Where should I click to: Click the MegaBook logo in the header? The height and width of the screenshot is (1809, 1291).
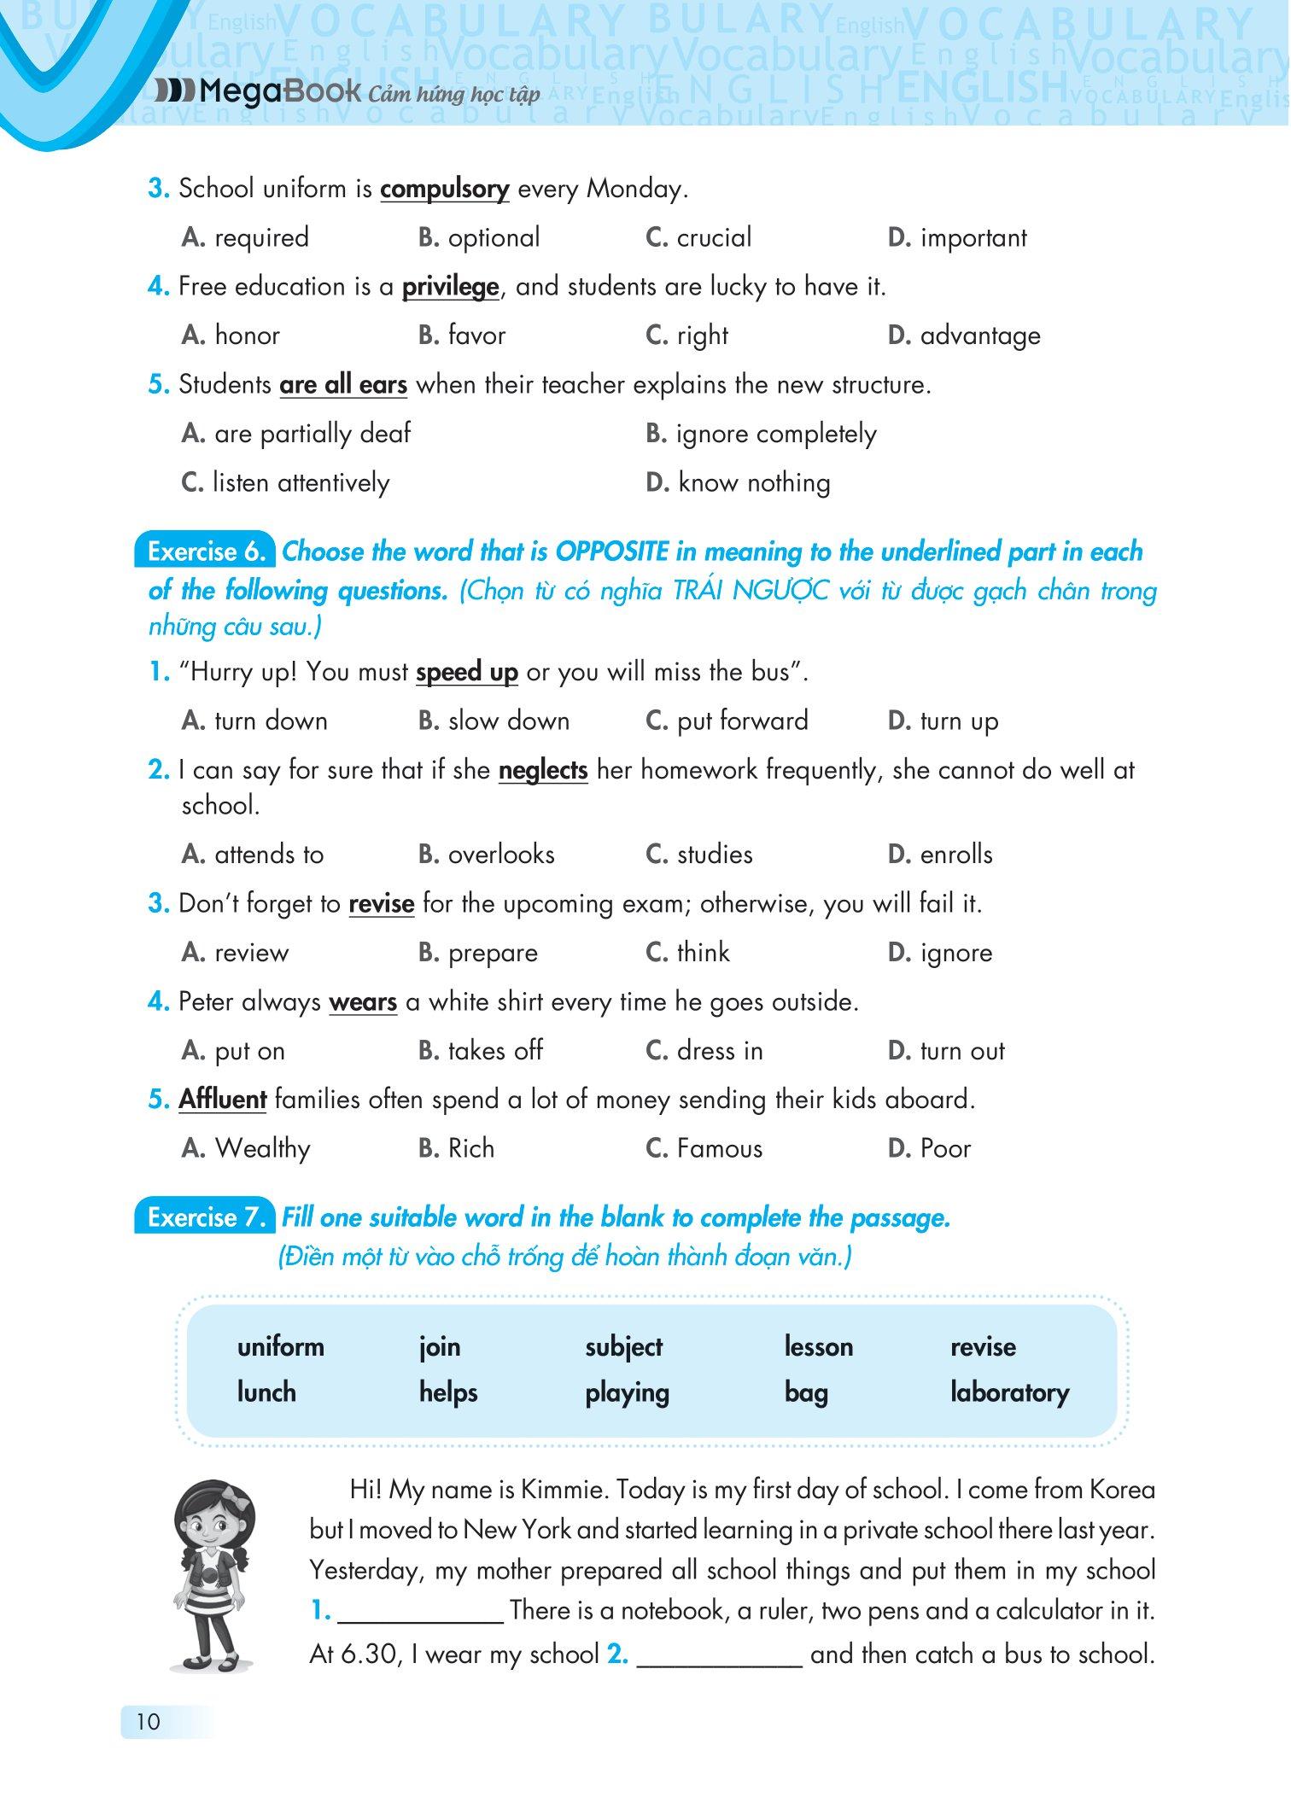point(256,91)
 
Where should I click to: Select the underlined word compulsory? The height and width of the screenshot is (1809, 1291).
point(444,189)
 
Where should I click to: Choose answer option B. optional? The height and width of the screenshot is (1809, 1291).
point(479,237)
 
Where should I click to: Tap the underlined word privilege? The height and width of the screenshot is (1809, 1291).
point(450,287)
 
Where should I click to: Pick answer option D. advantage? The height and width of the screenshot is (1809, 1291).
point(964,336)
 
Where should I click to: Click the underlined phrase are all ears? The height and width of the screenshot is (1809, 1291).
point(342,385)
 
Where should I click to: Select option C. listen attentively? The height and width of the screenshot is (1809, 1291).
point(285,483)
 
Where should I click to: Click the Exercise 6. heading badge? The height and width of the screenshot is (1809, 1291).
point(205,551)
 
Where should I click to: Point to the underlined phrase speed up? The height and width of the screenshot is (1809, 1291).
point(466,673)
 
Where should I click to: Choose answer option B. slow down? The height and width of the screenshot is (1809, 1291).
point(494,721)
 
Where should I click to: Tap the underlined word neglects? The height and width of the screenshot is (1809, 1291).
point(543,770)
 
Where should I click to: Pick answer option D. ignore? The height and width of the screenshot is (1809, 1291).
point(940,953)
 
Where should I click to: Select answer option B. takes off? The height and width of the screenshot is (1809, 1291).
point(481,1051)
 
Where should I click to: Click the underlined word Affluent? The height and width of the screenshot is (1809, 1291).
point(222,1100)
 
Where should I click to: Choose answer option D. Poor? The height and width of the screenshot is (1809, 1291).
point(929,1149)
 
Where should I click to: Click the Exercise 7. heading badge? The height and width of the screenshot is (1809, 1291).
point(205,1217)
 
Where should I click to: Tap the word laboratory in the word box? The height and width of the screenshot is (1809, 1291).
point(1009,1392)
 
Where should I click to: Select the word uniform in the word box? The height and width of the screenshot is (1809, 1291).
point(280,1347)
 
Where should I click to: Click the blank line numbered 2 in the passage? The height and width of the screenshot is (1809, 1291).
point(720,1655)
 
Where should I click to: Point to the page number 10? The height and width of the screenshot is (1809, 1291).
point(148,1721)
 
